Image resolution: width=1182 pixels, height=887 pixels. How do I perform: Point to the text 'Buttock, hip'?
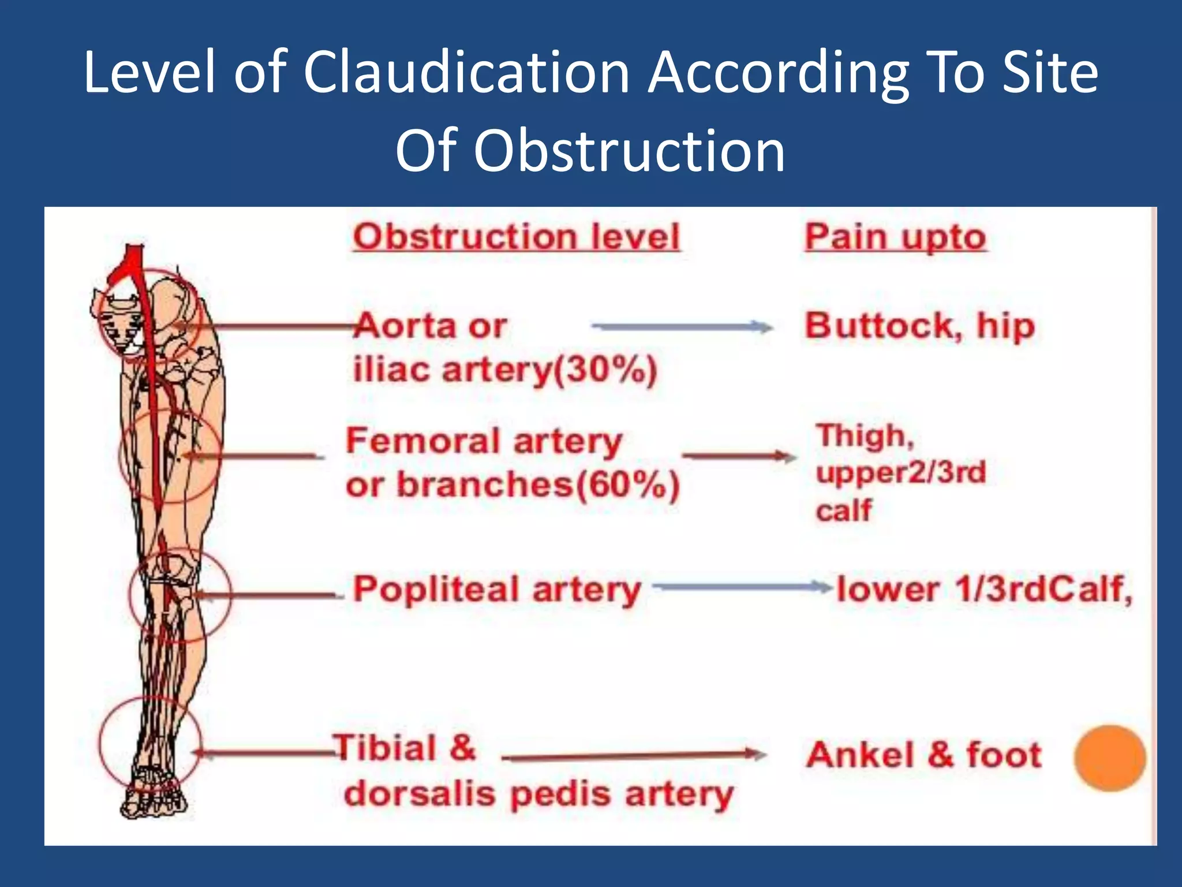920,326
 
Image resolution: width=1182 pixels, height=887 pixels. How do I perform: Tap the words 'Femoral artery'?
484,441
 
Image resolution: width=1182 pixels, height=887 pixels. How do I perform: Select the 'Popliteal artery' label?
497,590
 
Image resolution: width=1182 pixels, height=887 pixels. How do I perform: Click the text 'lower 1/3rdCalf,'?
985,590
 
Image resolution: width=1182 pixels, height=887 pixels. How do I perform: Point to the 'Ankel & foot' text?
924,755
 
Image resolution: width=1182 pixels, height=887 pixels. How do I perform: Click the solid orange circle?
1109,758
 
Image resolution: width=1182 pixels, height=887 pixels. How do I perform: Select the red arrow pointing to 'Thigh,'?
739,456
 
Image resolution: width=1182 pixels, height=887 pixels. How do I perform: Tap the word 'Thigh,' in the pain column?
865,436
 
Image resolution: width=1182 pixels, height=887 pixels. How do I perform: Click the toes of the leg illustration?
153,803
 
